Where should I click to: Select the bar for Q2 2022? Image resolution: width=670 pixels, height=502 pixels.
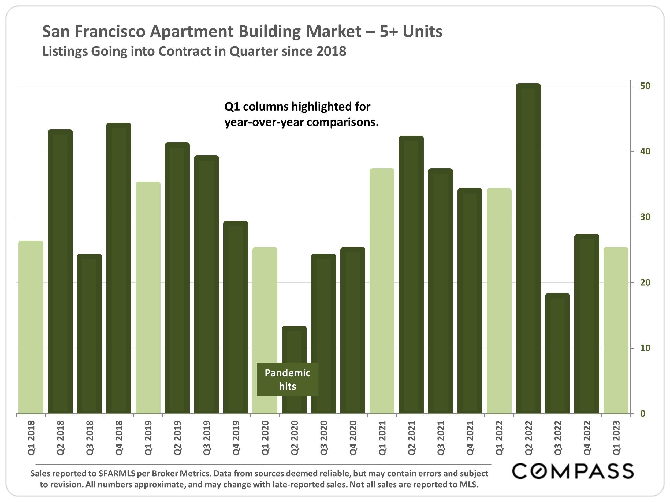click(x=528, y=248)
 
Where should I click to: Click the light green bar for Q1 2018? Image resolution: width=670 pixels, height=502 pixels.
click(x=31, y=327)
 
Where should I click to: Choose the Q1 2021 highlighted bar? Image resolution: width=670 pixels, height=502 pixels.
click(x=382, y=290)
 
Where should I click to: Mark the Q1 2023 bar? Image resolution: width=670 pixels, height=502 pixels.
click(x=616, y=330)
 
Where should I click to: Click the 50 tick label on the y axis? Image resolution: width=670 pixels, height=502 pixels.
click(x=645, y=86)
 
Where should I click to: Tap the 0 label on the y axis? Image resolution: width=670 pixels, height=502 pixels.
click(x=643, y=414)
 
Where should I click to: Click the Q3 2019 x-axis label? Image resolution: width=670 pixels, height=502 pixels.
click(x=207, y=437)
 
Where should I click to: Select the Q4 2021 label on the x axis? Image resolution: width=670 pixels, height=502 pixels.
click(x=470, y=437)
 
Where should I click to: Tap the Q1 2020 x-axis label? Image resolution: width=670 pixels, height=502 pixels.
click(x=265, y=437)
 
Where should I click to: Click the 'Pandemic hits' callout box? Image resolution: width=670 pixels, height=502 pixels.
click(x=288, y=379)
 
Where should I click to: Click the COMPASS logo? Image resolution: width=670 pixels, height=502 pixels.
click(x=573, y=471)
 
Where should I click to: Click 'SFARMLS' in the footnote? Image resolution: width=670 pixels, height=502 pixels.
click(x=117, y=474)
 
